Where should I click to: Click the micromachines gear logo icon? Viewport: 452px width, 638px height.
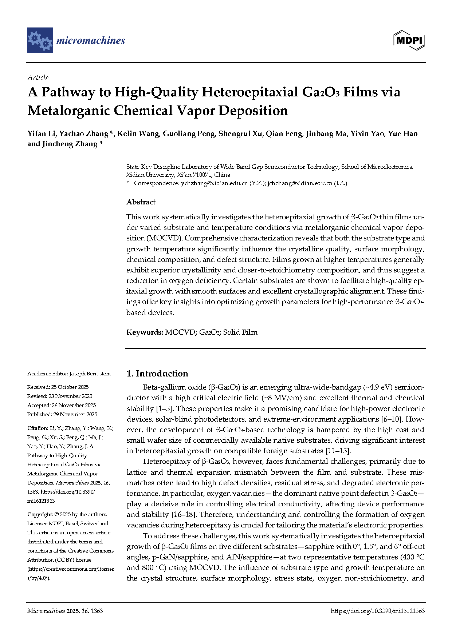pos(40,40)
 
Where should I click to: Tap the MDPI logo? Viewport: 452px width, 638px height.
pos(409,40)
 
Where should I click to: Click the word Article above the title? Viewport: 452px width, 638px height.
pos(38,77)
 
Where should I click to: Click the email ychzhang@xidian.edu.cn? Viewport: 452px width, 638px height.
pos(214,183)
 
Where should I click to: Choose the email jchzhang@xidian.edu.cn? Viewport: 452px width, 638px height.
pos(300,183)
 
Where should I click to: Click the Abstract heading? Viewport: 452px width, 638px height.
pos(141,202)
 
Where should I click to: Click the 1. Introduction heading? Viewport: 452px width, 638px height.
pos(157,374)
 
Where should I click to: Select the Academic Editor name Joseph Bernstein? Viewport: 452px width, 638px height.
pos(90,374)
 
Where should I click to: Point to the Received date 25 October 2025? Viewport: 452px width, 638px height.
pos(70,387)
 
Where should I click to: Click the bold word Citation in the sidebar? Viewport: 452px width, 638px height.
pos(37,428)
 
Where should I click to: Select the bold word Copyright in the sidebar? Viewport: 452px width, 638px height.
pos(40,514)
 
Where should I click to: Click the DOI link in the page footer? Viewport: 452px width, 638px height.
pos(378,611)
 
